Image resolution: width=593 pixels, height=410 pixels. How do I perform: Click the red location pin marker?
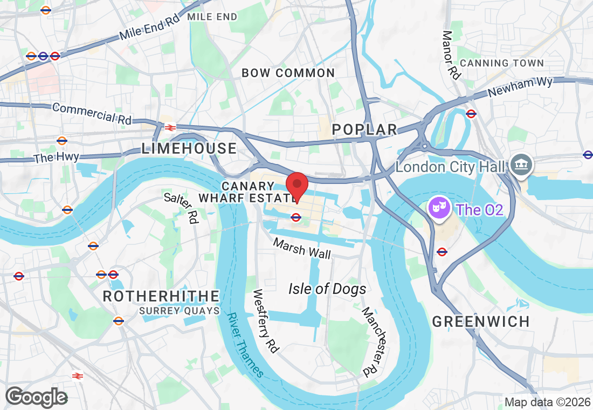point(296,187)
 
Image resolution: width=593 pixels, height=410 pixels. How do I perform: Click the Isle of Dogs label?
point(327,289)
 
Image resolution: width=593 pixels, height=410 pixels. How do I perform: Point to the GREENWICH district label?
point(481,322)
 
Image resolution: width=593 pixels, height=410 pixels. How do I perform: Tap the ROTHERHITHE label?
point(161,296)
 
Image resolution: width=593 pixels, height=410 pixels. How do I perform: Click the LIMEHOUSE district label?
point(189,148)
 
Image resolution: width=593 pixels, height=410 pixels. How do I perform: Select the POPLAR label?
point(364,129)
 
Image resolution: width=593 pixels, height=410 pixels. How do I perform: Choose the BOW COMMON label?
point(288,73)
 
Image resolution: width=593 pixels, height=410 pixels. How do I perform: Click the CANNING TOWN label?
point(502,63)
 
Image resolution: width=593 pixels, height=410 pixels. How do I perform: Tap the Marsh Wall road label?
point(302,249)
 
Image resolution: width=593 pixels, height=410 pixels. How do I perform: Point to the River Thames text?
point(245,345)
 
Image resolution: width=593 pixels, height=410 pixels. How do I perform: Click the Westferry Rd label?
point(266,322)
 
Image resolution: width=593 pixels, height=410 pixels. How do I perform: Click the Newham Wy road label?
point(520,86)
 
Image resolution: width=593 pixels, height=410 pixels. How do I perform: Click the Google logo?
point(36,397)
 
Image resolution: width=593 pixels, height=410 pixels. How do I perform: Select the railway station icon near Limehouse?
point(170,127)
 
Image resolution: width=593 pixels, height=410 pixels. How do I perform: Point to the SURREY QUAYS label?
point(180,311)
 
